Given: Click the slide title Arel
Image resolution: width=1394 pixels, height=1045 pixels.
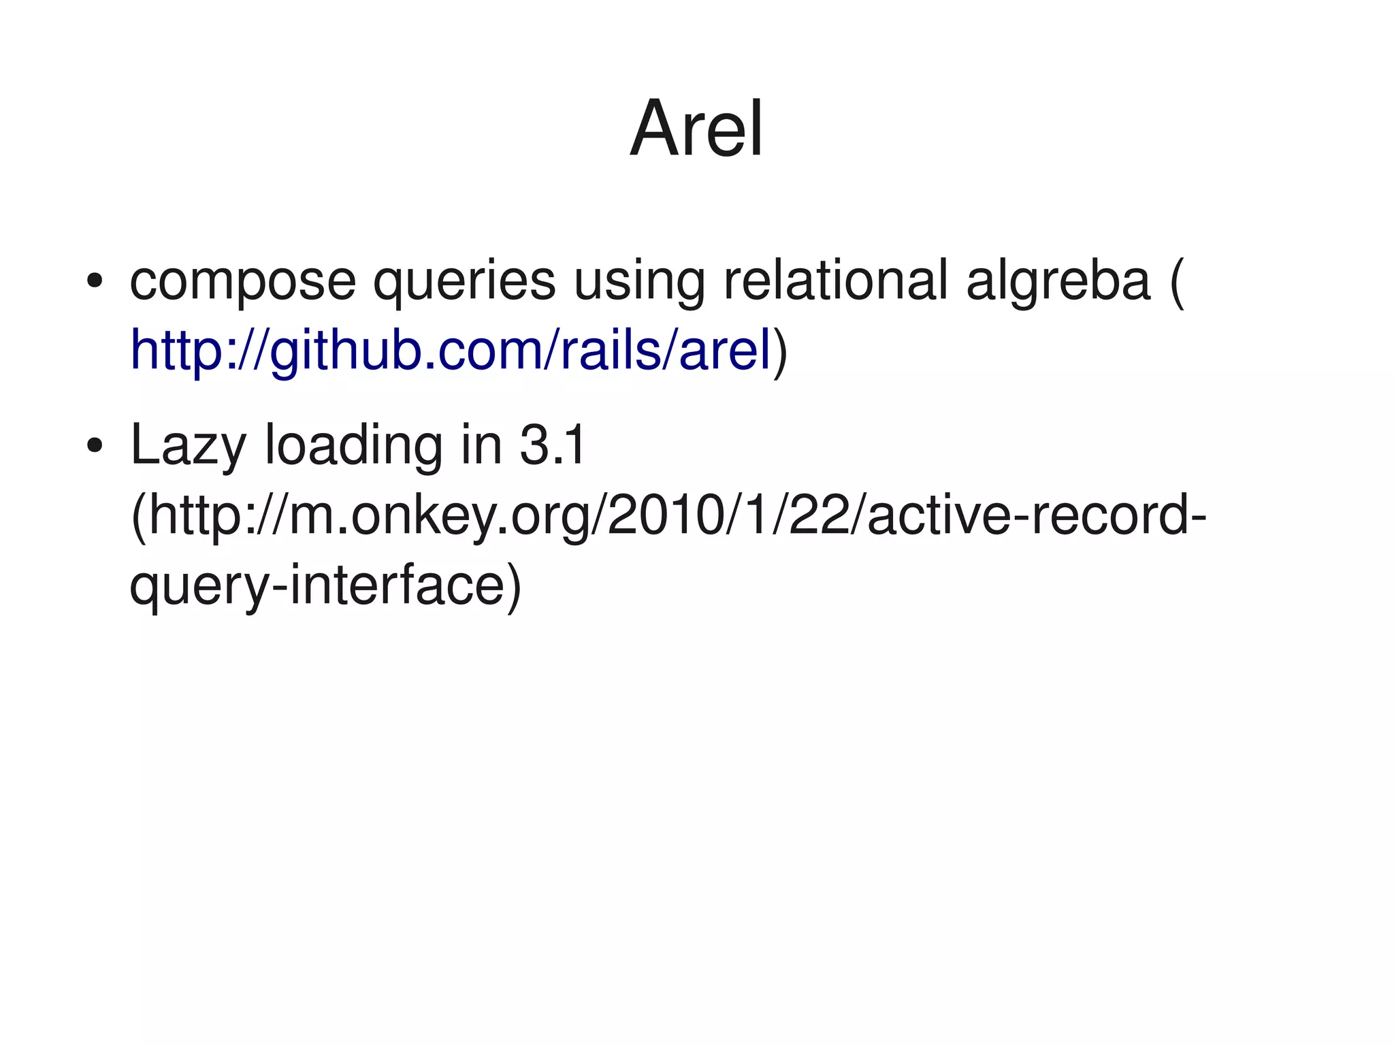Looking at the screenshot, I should (x=696, y=129).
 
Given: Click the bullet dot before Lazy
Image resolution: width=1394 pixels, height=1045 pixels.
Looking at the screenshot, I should (x=94, y=447).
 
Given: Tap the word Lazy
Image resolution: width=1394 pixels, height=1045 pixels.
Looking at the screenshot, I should (x=188, y=447).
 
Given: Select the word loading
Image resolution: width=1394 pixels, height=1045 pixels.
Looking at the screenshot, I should (x=353, y=447).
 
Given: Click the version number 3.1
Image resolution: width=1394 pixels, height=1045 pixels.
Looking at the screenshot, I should (x=551, y=445).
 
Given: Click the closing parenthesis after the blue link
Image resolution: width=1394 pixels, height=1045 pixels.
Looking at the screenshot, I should (x=780, y=351).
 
